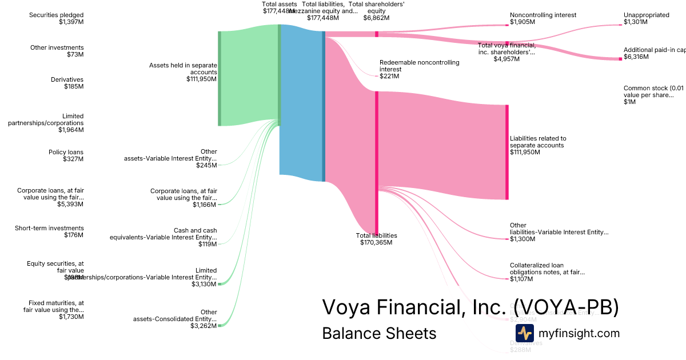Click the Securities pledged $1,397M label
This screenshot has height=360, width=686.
pyautogui.click(x=56, y=18)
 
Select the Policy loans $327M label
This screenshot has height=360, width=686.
pyautogui.click(x=66, y=155)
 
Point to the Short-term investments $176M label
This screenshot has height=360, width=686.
pyautogui.click(x=49, y=231)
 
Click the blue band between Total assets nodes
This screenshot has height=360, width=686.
pyautogui.click(x=301, y=103)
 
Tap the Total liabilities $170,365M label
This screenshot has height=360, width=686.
pyautogui.click(x=376, y=239)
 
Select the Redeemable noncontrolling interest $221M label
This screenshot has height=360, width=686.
pyautogui.click(x=419, y=69)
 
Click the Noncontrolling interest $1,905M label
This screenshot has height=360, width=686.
pyautogui.click(x=543, y=18)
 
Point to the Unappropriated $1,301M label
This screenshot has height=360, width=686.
pyautogui.click(x=646, y=18)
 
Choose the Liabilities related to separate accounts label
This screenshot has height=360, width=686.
pyautogui.click(x=538, y=145)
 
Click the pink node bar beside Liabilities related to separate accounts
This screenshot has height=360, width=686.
pyautogui.click(x=506, y=152)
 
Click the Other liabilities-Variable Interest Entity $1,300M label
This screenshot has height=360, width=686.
pyautogui.click(x=559, y=232)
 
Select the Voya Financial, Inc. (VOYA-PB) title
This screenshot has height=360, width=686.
pyautogui.click(x=470, y=307)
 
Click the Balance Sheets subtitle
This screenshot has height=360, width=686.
pyautogui.click(x=379, y=333)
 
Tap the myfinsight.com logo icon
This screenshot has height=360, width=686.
pyautogui.click(x=525, y=333)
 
